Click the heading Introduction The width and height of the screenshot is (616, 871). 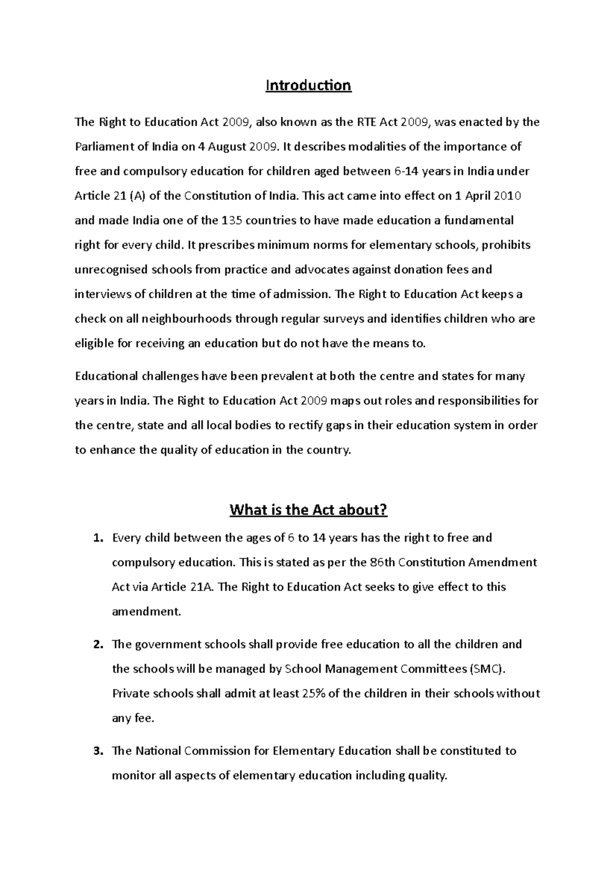(x=308, y=85)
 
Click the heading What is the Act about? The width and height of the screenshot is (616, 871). (x=308, y=510)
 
